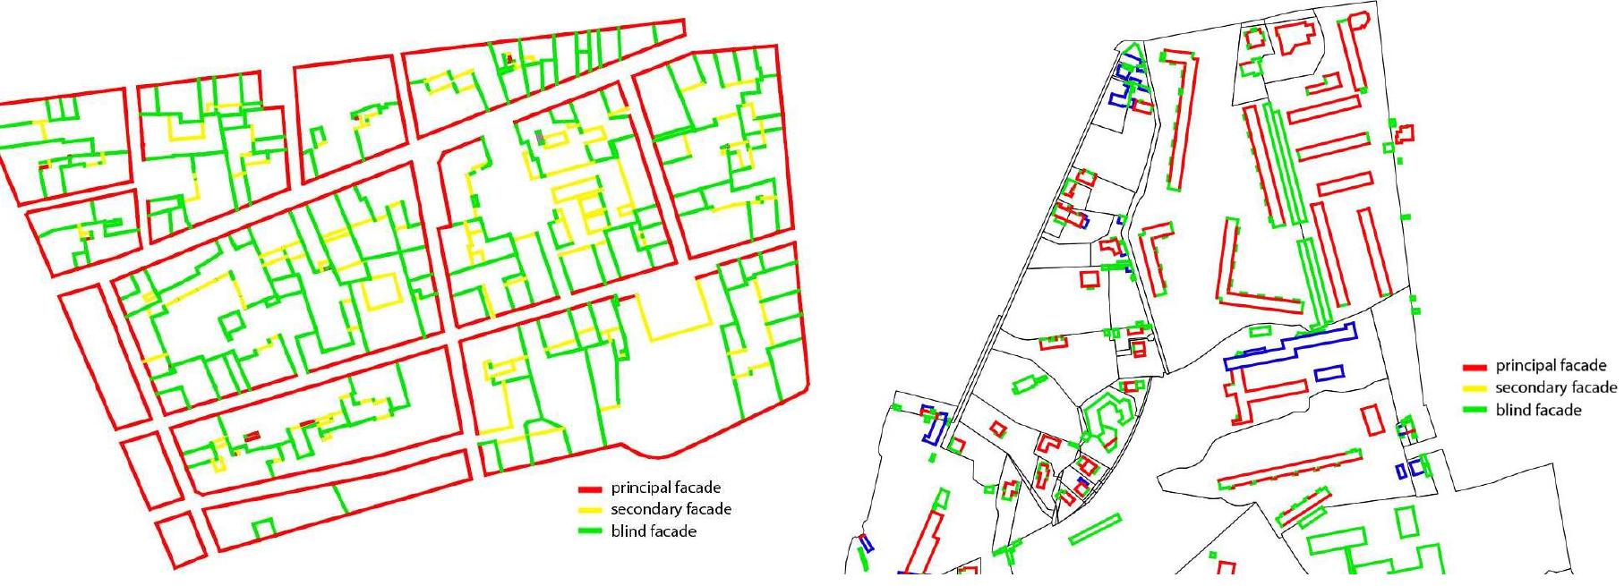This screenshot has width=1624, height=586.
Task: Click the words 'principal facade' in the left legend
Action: click(x=665, y=488)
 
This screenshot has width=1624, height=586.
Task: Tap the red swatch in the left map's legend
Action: click(x=589, y=489)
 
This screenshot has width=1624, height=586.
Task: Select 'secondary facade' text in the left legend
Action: click(x=671, y=510)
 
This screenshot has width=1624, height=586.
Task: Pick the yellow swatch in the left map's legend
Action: click(x=589, y=511)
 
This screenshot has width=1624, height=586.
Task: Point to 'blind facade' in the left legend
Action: click(x=654, y=531)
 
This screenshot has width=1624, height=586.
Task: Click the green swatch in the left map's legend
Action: click(x=589, y=532)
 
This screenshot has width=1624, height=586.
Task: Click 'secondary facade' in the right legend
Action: click(x=1556, y=387)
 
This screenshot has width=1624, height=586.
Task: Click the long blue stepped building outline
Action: click(x=1289, y=348)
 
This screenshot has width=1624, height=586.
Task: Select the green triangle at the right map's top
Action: click(x=1132, y=52)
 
